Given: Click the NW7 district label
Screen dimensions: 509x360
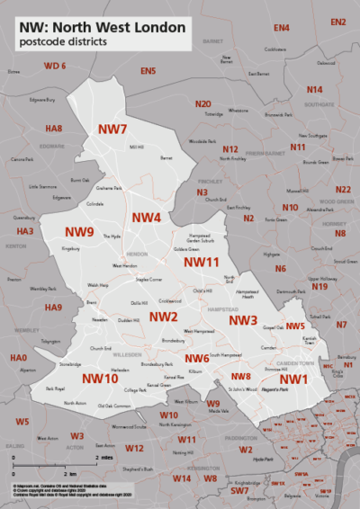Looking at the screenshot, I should pyautogui.click(x=112, y=129).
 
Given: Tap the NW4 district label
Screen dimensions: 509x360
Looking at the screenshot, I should pyautogui.click(x=146, y=219).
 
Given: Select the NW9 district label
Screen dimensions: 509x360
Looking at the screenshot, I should pyautogui.click(x=80, y=232).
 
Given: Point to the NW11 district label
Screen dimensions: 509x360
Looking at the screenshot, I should pyautogui.click(x=202, y=262).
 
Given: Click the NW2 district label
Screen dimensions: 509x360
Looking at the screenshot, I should pyautogui.click(x=163, y=317).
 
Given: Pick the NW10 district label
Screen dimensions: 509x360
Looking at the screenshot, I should pyautogui.click(x=100, y=379).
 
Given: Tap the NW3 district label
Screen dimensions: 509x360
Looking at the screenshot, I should pyautogui.click(x=243, y=321).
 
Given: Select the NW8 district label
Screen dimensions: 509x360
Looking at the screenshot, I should pyautogui.click(x=240, y=376).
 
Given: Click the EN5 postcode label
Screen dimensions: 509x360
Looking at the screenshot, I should pyautogui.click(x=148, y=71).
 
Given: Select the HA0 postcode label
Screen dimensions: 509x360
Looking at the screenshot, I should pyautogui.click(x=18, y=358).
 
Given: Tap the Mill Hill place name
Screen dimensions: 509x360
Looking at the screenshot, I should pyautogui.click(x=137, y=147).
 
